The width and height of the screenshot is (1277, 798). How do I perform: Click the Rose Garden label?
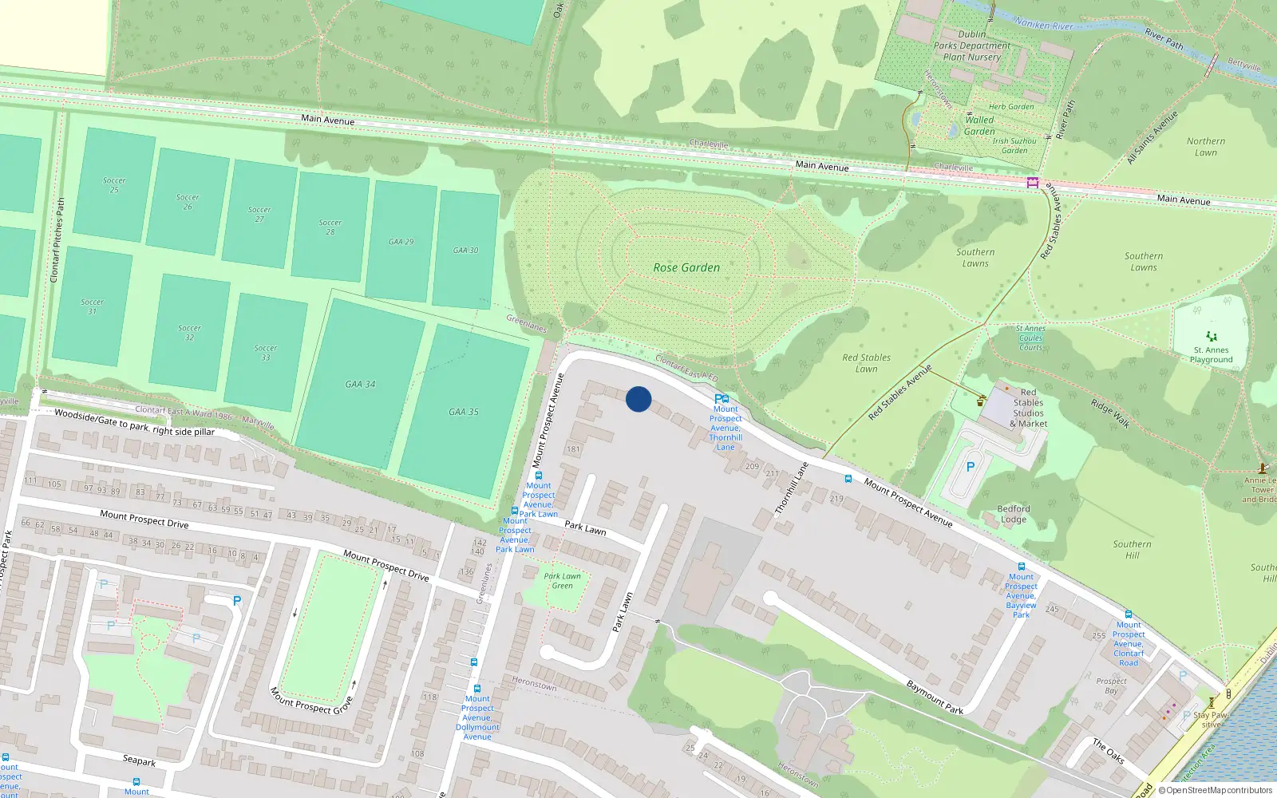click(x=686, y=268)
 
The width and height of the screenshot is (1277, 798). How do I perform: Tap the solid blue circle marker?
click(x=638, y=399)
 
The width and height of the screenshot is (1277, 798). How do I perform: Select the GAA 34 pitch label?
click(x=360, y=385)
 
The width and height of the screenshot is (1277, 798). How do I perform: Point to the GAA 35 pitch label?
click(x=464, y=413)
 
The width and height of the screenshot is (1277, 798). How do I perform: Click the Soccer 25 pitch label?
click(x=114, y=185)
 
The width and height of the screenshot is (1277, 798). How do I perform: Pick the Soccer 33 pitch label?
click(x=266, y=353)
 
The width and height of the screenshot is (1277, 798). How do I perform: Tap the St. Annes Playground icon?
click(x=1212, y=336)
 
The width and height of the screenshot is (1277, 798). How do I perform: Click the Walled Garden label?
click(x=979, y=126)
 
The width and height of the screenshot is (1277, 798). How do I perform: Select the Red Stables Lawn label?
click(x=866, y=363)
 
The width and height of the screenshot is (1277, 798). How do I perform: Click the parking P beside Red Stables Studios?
click(x=971, y=467)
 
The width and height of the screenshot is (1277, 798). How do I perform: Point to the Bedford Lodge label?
click(x=1014, y=514)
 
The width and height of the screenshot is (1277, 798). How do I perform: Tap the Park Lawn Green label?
click(x=563, y=581)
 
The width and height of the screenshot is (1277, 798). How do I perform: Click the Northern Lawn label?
click(x=1206, y=147)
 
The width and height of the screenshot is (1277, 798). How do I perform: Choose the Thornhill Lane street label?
click(x=792, y=488)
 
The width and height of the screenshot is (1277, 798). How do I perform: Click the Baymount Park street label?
click(x=935, y=697)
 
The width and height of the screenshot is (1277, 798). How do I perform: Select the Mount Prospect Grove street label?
click(x=311, y=701)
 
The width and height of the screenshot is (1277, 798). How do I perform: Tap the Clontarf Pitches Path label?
click(x=57, y=240)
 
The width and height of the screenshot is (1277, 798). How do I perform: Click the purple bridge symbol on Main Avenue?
click(x=1033, y=183)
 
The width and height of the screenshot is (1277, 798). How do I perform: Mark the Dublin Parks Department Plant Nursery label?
click(x=971, y=46)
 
